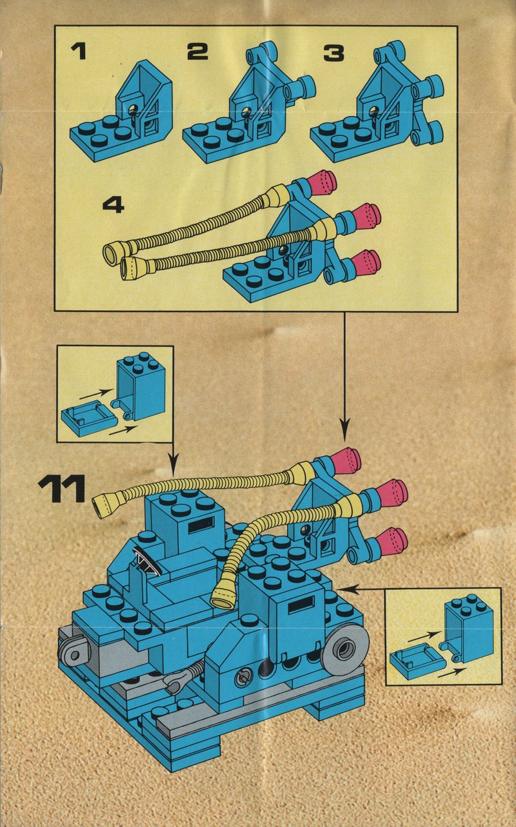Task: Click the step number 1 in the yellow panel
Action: click(x=78, y=50)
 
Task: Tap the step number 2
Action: click(x=197, y=51)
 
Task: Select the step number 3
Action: click(x=333, y=51)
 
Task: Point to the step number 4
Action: click(x=114, y=204)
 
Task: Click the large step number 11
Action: click(x=62, y=489)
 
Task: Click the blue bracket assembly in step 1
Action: click(x=123, y=116)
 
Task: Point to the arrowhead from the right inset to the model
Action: click(x=341, y=588)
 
